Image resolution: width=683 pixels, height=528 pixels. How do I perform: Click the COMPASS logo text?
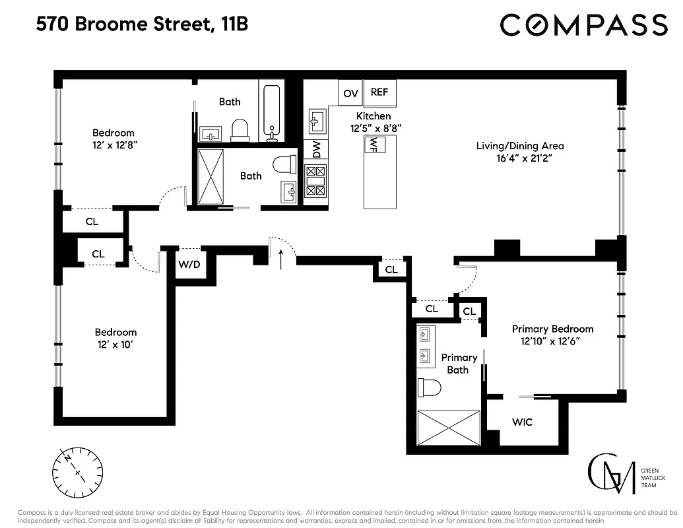(x=583, y=25)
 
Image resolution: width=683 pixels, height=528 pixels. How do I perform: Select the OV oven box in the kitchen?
(x=350, y=93)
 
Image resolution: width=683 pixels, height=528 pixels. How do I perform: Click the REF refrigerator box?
(x=379, y=92)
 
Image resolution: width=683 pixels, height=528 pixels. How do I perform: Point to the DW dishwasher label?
(x=316, y=150)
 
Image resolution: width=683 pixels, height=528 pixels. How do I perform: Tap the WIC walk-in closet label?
(x=522, y=422)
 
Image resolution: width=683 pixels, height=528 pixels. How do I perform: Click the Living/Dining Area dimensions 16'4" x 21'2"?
(x=520, y=158)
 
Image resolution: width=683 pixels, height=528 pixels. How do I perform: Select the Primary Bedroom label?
(x=552, y=329)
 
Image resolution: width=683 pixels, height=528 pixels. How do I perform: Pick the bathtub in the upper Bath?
(x=271, y=110)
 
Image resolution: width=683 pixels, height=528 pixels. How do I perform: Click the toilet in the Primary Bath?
(x=429, y=387)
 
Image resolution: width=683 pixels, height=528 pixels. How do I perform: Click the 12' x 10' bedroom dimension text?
(x=115, y=345)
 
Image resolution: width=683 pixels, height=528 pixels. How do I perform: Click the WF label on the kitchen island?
(x=374, y=143)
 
